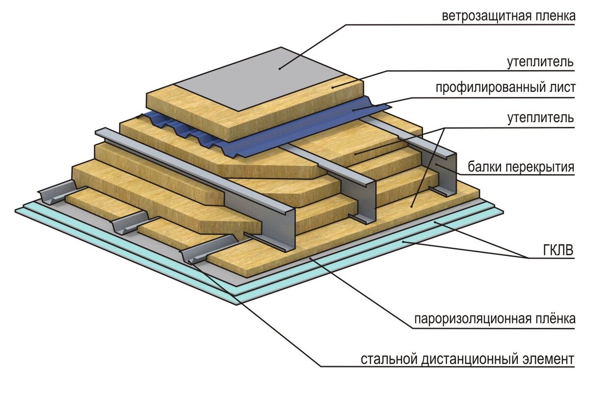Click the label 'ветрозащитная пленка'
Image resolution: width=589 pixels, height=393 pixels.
point(508,17)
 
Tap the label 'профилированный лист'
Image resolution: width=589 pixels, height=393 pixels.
point(505,89)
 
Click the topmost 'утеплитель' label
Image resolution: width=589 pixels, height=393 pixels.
point(540,62)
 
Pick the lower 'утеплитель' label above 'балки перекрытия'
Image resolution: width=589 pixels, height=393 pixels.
point(540,118)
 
